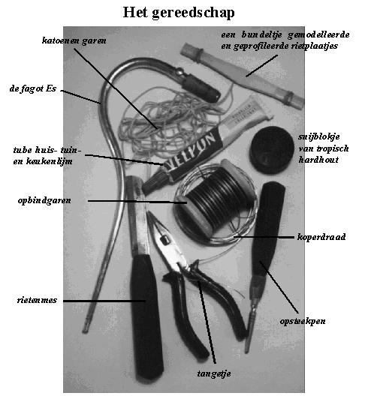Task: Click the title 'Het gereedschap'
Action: [179, 13]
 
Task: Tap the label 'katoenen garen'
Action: [74, 40]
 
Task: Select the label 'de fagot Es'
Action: [33, 89]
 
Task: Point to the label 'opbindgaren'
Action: [44, 200]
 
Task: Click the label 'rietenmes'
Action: [37, 300]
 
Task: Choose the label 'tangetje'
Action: [214, 373]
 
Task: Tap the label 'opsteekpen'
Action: [303, 321]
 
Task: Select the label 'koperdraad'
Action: [321, 237]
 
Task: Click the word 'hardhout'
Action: [318, 160]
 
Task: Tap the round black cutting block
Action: [272, 149]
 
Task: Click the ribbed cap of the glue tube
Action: [153, 182]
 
